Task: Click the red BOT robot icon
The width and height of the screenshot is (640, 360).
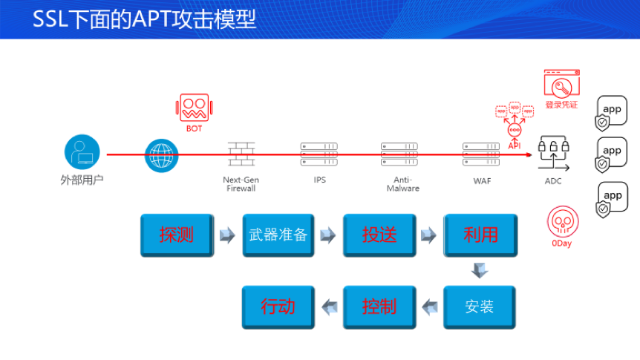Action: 194,108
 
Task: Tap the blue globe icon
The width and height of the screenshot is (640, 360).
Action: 162,156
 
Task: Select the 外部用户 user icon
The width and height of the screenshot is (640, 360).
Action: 82,152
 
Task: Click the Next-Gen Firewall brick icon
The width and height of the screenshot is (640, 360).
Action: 241,154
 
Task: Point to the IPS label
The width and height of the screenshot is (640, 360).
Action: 319,180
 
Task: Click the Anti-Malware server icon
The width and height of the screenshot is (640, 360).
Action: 399,154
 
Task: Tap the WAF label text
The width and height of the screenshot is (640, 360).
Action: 482,181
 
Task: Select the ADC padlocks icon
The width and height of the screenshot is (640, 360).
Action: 553,153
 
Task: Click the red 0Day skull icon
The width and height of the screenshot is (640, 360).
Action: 563,222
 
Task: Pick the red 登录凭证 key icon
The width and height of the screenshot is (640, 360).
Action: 561,83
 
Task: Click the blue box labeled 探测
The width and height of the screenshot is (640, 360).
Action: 177,235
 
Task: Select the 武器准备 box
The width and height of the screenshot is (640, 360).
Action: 278,235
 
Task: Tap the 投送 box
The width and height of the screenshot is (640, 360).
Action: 379,235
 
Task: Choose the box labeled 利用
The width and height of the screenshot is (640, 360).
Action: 480,235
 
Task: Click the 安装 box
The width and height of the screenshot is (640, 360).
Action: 480,307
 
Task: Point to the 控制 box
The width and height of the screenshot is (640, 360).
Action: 379,307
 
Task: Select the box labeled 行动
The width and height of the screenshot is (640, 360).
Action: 278,307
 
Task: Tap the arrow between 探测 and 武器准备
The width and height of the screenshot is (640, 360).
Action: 227,235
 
